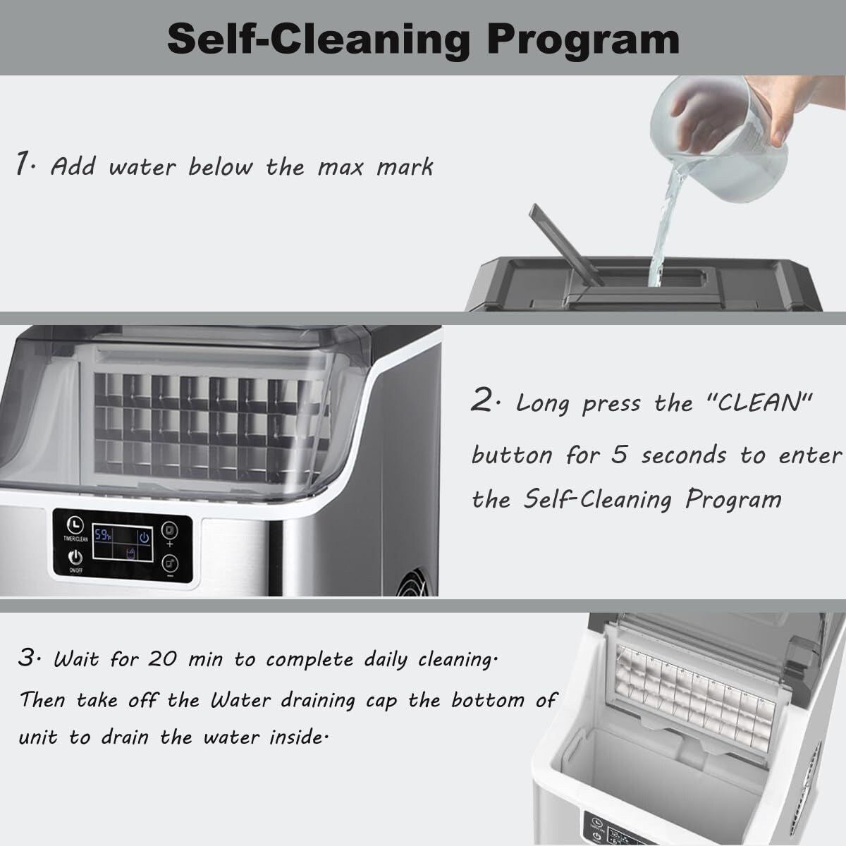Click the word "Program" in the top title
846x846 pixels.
(x=583, y=39)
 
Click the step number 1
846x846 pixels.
(x=24, y=165)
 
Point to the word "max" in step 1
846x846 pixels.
(x=341, y=168)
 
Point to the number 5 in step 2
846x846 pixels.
(x=619, y=455)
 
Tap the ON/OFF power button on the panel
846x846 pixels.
(x=74, y=558)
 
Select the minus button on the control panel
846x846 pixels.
(x=169, y=564)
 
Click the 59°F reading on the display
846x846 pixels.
(x=104, y=536)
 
